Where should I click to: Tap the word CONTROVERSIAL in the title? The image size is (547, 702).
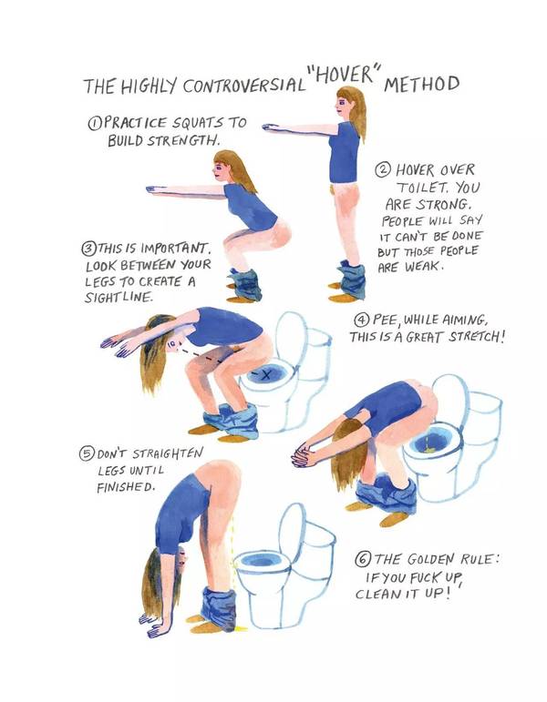point(243,85)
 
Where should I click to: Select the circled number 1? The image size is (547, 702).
point(94,122)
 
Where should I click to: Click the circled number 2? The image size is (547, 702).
point(383,169)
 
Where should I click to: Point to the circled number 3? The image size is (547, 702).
point(89,248)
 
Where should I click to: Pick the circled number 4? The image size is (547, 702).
point(361,320)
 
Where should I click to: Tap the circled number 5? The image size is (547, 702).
point(86,454)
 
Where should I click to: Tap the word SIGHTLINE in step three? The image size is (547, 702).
point(119,297)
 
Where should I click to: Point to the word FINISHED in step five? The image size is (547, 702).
point(126,487)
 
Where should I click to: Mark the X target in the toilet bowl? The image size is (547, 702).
point(267,375)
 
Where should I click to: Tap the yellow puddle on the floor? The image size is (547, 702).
point(241,628)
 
